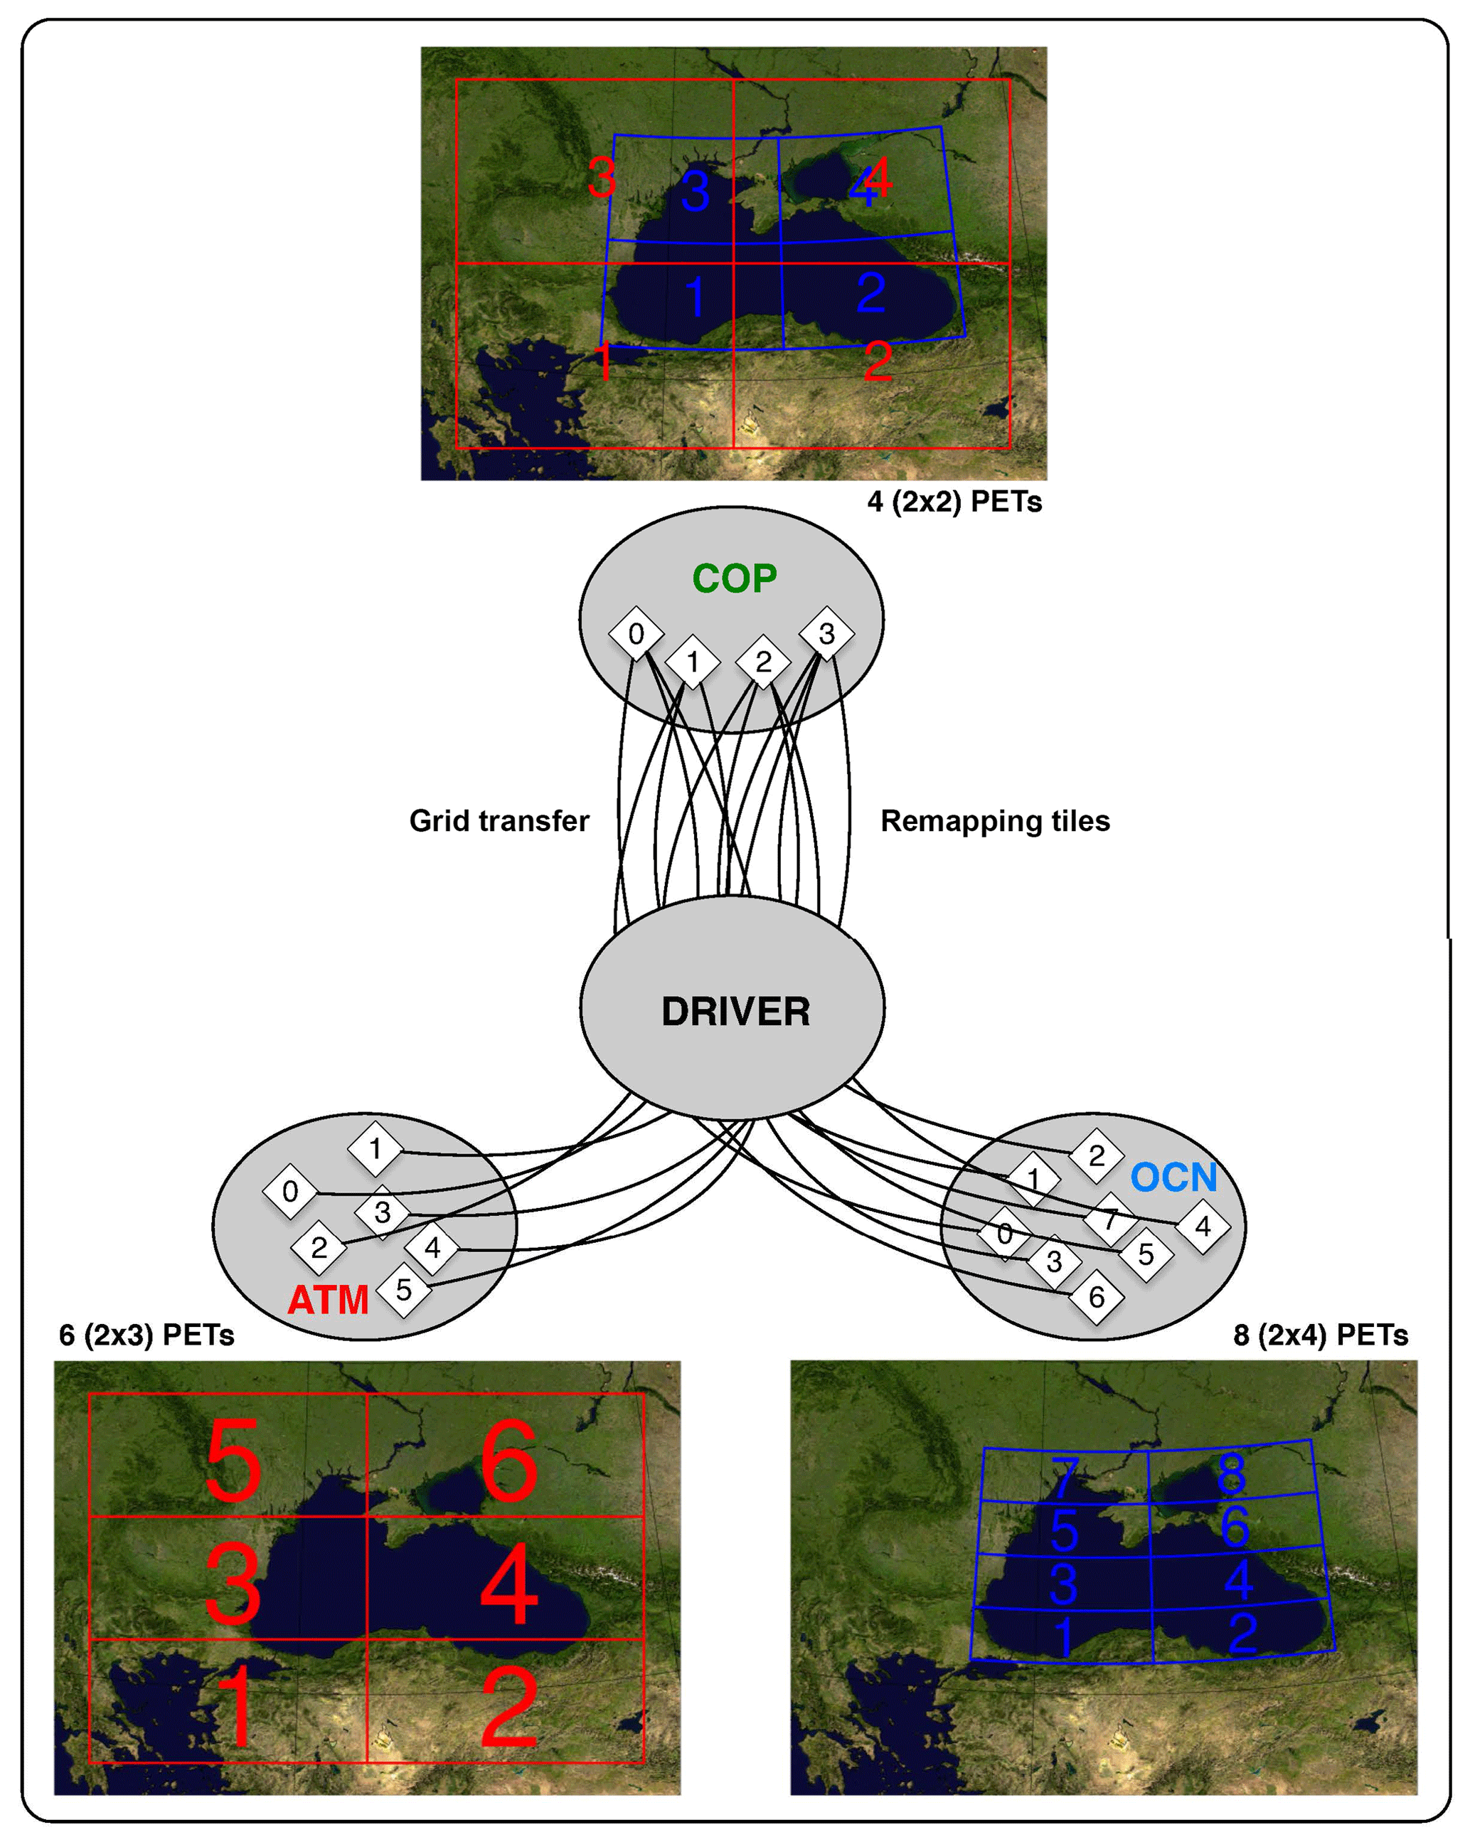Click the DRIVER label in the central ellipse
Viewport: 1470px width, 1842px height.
[735, 1012]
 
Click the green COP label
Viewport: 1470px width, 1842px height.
[735, 579]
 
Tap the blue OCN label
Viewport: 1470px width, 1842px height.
[1173, 1178]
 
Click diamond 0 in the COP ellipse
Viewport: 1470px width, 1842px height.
[636, 634]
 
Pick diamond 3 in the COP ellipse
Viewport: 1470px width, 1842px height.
[826, 634]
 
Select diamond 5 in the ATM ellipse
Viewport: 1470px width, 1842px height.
[403, 1289]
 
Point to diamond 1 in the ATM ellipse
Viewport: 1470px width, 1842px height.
[375, 1149]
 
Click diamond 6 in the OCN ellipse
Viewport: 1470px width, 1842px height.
[1097, 1298]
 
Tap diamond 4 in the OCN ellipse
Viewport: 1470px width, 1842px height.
[1203, 1227]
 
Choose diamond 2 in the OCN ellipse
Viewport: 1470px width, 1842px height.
[1097, 1156]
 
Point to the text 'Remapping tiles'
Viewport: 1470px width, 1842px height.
[995, 821]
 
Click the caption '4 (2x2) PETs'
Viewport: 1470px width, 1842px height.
[954, 502]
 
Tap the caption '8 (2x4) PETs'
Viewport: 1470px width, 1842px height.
[1321, 1335]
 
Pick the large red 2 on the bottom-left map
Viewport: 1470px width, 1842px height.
[510, 1710]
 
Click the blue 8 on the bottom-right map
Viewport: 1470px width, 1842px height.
[1231, 1473]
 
